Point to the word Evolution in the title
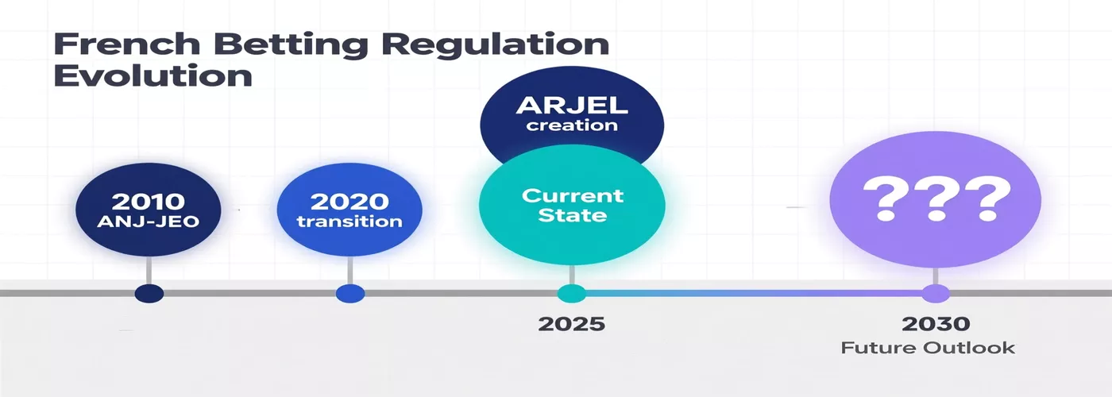153,77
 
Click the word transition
349,222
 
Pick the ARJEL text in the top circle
571,105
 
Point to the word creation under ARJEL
571,125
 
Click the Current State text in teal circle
573,205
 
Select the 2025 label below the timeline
571,324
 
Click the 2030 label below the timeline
936,324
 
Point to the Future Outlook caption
928,348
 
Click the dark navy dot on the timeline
149,293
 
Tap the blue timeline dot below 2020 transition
349,293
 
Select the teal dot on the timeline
570,293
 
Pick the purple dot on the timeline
936,293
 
